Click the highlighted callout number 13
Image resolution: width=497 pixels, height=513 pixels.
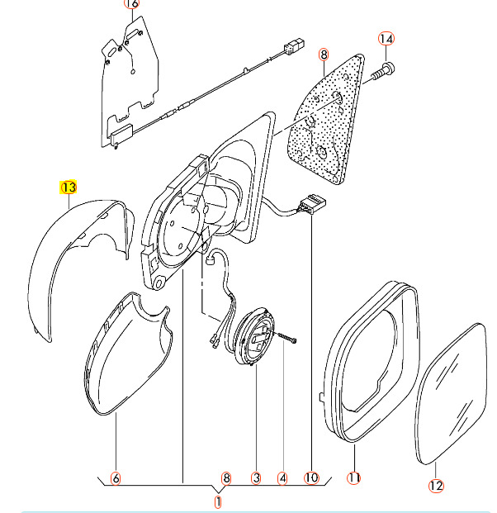coord(68,188)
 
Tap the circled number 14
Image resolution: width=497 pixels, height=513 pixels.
coord(387,38)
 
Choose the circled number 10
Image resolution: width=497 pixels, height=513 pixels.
coord(310,477)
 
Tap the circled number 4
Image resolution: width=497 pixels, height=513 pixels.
coord(282,477)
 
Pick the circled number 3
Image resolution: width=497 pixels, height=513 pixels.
coord(256,477)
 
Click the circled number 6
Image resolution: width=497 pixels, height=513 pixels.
coord(116,477)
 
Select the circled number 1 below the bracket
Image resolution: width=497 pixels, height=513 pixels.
coord(219,501)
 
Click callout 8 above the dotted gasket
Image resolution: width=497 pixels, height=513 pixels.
coord(324,55)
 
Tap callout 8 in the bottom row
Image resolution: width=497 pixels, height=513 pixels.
coord(226,477)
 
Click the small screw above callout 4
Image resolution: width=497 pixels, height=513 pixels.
coord(285,340)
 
